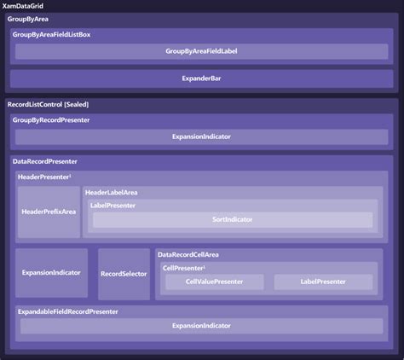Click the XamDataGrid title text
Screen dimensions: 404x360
click(23, 6)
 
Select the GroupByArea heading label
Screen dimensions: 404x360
click(28, 19)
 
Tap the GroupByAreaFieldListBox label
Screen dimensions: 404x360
click(51, 35)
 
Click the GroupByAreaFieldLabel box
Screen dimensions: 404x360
click(202, 51)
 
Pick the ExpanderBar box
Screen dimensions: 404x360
click(202, 78)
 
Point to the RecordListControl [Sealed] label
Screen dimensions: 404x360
click(48, 104)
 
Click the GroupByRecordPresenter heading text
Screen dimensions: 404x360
click(51, 120)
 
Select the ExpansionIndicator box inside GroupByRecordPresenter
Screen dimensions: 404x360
click(202, 136)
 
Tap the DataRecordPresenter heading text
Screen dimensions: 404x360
click(45, 161)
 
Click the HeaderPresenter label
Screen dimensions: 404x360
click(44, 177)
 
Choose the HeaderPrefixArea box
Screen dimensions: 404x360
click(49, 212)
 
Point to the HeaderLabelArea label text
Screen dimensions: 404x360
click(112, 193)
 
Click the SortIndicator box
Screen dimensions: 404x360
click(233, 219)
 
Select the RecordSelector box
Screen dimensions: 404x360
click(124, 274)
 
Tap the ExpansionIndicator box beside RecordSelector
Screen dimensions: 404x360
click(51, 273)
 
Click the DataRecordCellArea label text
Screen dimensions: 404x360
click(188, 254)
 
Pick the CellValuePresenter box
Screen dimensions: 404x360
click(215, 282)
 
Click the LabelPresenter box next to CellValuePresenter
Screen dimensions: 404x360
click(323, 282)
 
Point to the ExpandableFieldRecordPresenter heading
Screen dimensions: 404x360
click(68, 311)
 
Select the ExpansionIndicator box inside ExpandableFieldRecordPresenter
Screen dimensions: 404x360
click(202, 326)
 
